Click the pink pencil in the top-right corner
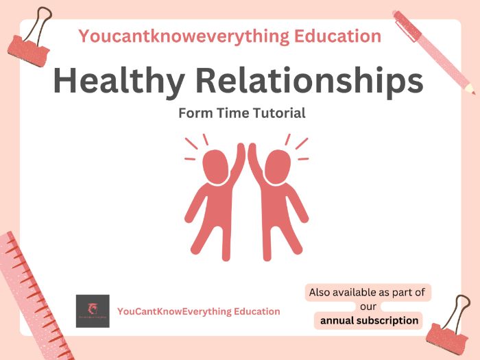tap(432, 48)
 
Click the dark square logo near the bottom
tap(93, 311)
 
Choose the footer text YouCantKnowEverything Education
tap(199, 311)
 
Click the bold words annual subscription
tap(369, 320)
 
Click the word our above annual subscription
tap(368, 307)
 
